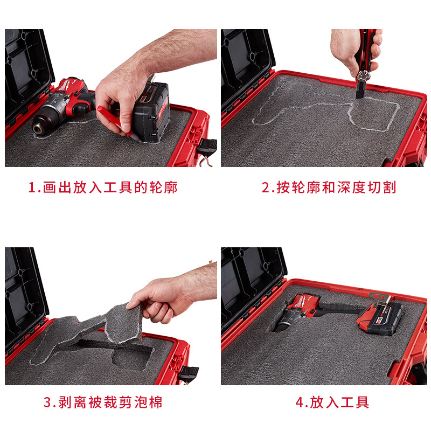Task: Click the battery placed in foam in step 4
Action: click(x=380, y=318)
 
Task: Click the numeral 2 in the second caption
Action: click(x=265, y=188)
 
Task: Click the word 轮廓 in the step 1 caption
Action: click(x=164, y=188)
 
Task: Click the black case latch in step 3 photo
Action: click(x=189, y=372)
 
